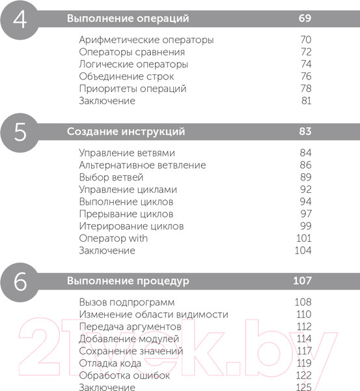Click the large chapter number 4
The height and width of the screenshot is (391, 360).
pos(20,18)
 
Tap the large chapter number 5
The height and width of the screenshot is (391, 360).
pos(20,132)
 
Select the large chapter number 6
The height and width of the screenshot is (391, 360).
pos(20,282)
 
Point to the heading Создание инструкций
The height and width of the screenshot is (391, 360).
pos(126,132)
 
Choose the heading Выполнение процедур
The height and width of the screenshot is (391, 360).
pos(128,282)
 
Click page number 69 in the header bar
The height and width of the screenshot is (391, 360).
pos(305,18)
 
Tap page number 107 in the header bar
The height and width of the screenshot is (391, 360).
pos(302,282)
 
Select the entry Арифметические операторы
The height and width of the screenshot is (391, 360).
pos(146,40)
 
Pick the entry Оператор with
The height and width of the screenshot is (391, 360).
pos(113,239)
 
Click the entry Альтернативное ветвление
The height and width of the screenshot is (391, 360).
pos(142,165)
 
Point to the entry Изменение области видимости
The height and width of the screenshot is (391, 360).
pos(153,314)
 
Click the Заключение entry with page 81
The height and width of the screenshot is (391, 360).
pos(107,101)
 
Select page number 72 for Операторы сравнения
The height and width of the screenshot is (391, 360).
pos(306,52)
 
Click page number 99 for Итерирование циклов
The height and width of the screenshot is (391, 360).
pos(306,226)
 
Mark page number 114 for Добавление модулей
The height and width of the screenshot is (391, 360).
pos(304,339)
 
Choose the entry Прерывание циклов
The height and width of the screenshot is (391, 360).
pos(126,214)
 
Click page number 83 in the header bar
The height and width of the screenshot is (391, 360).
pos(305,132)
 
